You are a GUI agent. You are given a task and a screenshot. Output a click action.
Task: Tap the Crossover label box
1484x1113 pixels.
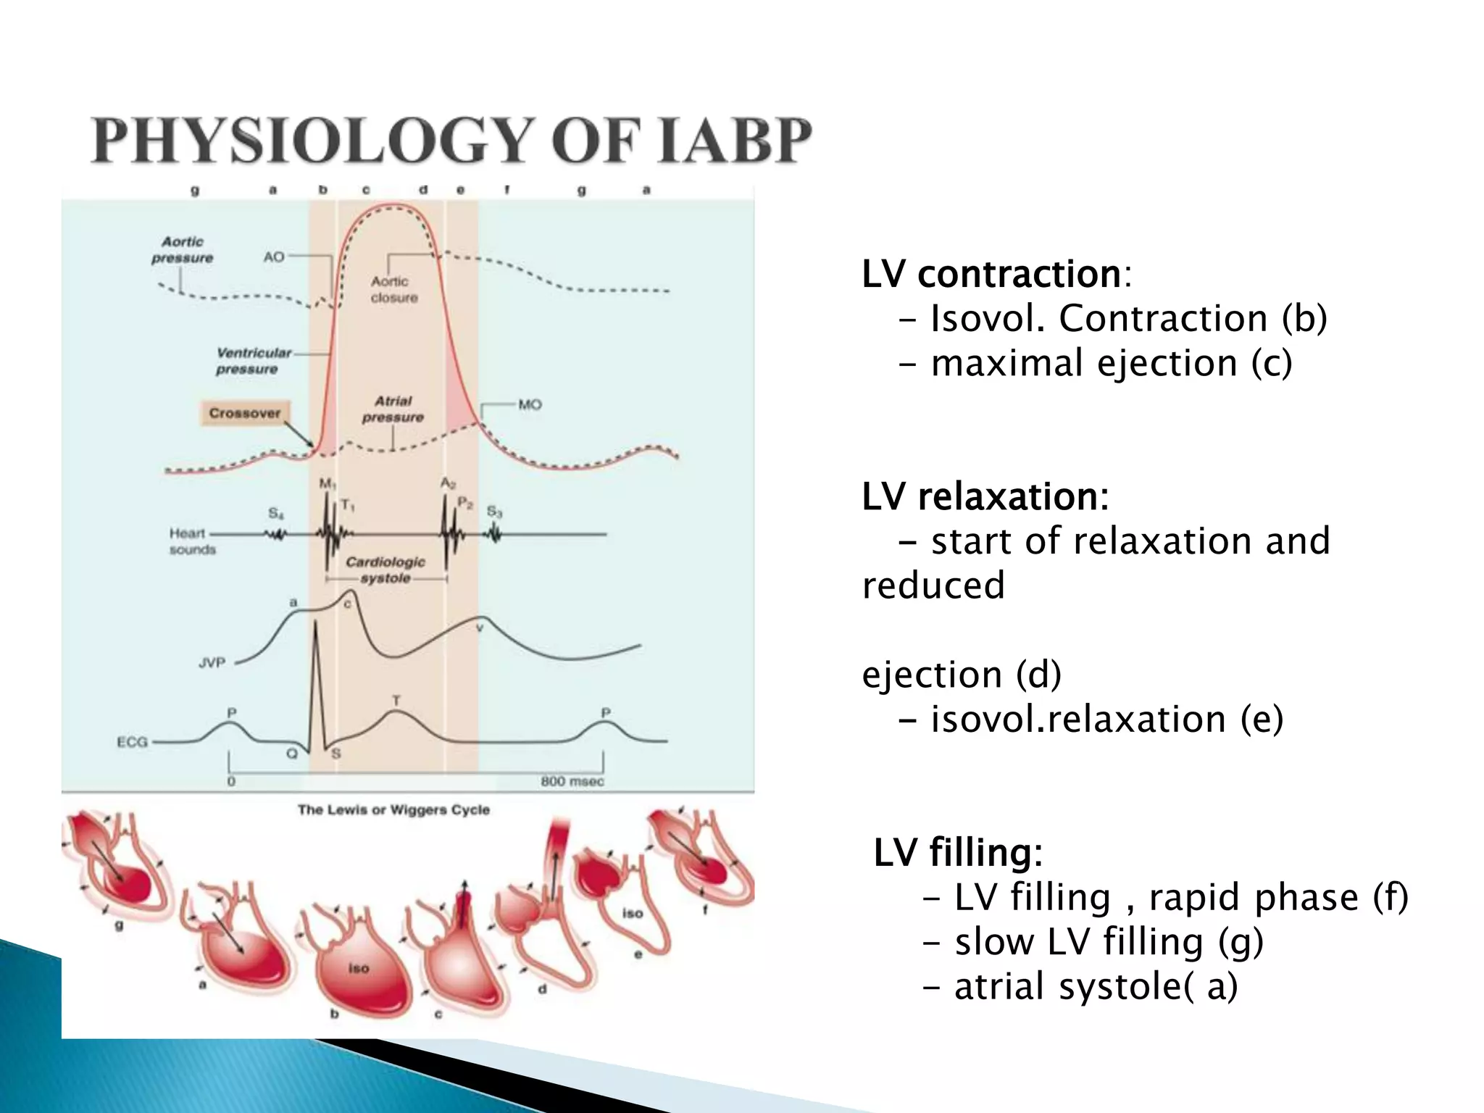click(x=245, y=413)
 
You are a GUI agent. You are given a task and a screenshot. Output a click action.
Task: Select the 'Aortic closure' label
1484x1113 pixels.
click(x=393, y=289)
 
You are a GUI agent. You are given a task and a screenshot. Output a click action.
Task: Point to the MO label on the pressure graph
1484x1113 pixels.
click(x=530, y=404)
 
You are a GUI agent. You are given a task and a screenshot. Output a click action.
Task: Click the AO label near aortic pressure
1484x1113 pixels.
click(x=274, y=257)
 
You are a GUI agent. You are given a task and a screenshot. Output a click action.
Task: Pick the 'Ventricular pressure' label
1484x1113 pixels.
click(x=252, y=361)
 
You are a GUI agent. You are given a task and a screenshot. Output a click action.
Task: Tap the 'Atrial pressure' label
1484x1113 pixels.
click(x=393, y=409)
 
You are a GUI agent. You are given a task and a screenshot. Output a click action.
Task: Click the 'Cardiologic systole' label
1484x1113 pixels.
click(x=385, y=570)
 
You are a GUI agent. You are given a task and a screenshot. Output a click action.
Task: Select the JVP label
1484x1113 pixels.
click(x=212, y=662)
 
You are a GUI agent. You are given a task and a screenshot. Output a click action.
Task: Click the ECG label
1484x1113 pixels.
click(x=133, y=742)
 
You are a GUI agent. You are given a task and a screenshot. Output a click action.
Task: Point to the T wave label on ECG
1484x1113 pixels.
click(x=396, y=701)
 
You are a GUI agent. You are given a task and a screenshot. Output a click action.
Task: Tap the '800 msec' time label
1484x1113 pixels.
click(x=572, y=781)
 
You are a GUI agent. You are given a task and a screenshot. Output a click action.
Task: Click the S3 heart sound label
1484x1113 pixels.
click(x=494, y=512)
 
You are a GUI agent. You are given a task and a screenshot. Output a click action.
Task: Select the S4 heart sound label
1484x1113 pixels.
click(x=276, y=513)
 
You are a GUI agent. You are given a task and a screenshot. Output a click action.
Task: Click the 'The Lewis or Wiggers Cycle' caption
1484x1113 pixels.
click(x=393, y=809)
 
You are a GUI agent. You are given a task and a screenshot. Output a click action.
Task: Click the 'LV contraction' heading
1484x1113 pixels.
click(x=991, y=275)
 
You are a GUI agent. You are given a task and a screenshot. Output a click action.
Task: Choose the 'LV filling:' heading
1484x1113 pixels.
click(x=957, y=852)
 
